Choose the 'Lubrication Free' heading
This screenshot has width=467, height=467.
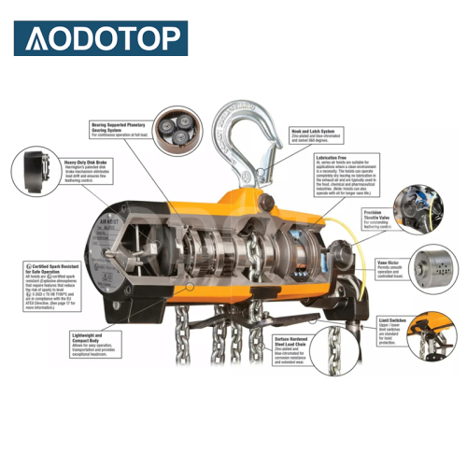(332, 157)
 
